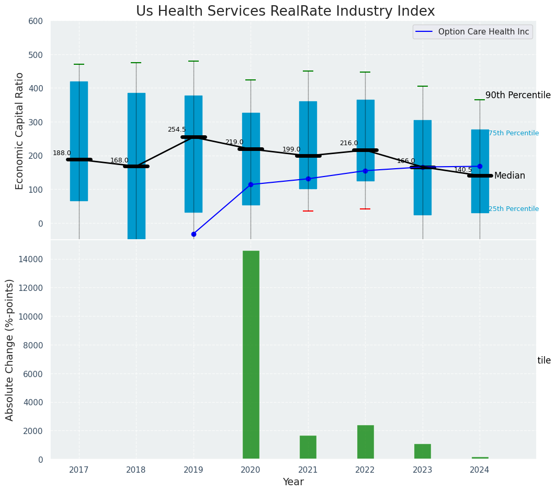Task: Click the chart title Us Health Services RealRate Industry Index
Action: click(x=285, y=11)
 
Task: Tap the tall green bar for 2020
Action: click(x=251, y=355)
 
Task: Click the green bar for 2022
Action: click(x=365, y=442)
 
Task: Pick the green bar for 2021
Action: click(x=308, y=447)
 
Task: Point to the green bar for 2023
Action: click(x=422, y=451)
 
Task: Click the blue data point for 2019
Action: click(x=194, y=234)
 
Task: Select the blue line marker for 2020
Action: click(x=251, y=184)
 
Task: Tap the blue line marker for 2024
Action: click(x=480, y=166)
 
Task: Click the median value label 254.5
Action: click(x=177, y=130)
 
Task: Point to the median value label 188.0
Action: click(x=62, y=153)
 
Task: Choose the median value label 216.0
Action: click(x=349, y=143)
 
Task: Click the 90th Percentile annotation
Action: click(x=518, y=95)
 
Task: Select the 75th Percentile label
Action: click(x=513, y=133)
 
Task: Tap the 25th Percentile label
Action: click(x=513, y=209)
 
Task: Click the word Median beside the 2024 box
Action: click(x=509, y=176)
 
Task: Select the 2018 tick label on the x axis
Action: click(x=136, y=470)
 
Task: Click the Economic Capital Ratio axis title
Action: click(x=20, y=131)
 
